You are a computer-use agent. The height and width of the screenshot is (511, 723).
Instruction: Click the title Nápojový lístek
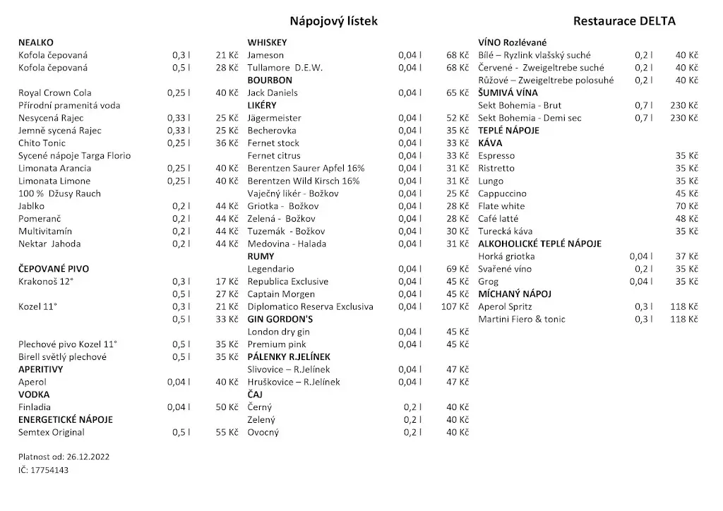click(x=333, y=21)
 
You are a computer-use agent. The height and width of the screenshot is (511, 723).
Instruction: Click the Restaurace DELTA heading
click(x=624, y=21)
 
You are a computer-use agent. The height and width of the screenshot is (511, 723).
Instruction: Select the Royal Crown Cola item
click(x=54, y=92)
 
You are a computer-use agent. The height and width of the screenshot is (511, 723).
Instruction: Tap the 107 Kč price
click(x=455, y=307)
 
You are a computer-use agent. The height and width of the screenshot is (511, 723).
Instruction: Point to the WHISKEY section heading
click(x=267, y=42)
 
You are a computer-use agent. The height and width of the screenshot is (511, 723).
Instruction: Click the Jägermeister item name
click(x=274, y=118)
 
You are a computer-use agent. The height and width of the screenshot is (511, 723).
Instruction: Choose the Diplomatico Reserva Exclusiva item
click(x=310, y=307)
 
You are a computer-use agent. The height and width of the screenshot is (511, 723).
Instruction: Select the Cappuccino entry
click(x=502, y=193)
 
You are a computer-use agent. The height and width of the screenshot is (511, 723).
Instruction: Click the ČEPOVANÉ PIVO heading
click(x=54, y=269)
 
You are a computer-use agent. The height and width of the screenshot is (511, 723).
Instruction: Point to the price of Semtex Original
click(x=227, y=433)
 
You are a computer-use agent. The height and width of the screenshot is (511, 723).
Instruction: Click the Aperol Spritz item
click(x=505, y=307)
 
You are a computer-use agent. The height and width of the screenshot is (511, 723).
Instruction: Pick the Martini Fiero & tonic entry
click(x=521, y=320)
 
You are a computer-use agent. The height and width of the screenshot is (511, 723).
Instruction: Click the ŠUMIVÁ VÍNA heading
click(x=508, y=92)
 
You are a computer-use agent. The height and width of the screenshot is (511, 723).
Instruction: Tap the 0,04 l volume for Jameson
click(x=410, y=55)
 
